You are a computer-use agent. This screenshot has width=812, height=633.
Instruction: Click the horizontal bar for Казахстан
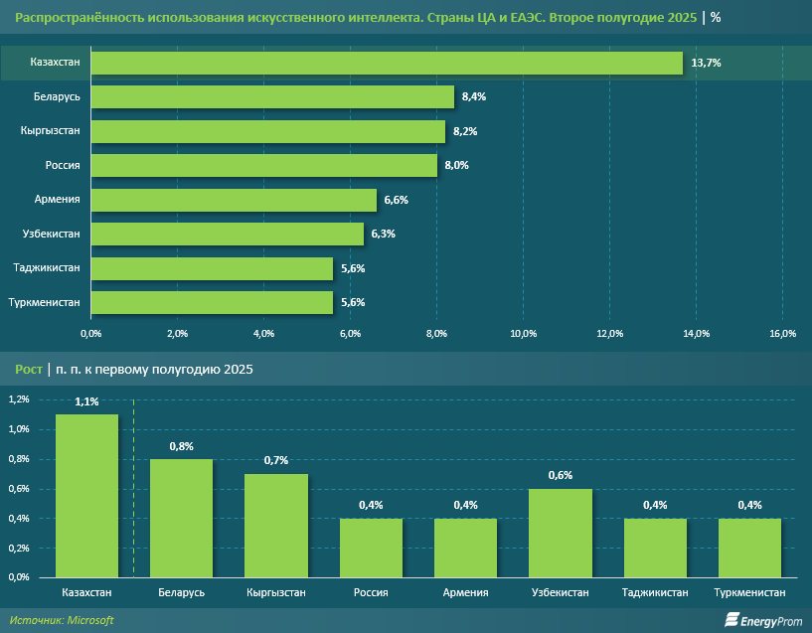point(387,64)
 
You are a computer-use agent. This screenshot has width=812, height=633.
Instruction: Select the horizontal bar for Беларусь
point(272,97)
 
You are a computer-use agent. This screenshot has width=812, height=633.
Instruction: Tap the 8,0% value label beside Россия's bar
point(456,166)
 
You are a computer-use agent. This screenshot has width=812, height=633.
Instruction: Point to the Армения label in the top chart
point(57,200)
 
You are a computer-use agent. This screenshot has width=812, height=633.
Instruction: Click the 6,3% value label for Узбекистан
point(383,235)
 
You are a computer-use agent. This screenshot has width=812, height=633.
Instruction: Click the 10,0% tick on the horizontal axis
point(523,333)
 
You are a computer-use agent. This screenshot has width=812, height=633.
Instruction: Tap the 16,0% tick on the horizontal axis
point(782,333)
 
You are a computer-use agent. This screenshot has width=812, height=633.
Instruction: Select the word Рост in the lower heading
point(28,370)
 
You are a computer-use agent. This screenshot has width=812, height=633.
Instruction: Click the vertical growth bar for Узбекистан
point(561,533)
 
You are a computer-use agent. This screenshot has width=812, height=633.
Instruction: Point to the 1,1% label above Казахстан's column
point(86,401)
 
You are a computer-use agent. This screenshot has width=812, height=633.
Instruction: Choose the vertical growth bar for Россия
point(371,548)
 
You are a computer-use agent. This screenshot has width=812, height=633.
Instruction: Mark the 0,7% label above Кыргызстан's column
point(276,461)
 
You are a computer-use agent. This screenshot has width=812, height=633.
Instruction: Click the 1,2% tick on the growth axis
point(19,399)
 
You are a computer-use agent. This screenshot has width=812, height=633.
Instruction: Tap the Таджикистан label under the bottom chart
point(655,593)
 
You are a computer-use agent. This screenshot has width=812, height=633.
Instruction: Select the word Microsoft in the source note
point(90,620)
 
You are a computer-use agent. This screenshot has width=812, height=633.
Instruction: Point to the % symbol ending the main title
point(716,18)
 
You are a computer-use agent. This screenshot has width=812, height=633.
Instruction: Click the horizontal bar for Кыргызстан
point(268,132)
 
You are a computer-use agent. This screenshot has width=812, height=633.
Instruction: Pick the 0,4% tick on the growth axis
point(19,519)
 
